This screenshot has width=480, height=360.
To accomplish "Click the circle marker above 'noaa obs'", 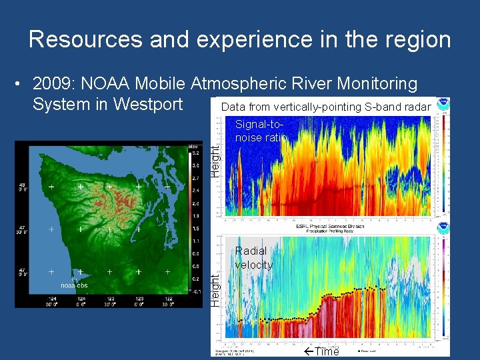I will click(75, 279).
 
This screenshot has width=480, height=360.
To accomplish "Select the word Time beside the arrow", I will click(327, 351).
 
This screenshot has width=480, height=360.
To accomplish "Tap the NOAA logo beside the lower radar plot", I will click(443, 229).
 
